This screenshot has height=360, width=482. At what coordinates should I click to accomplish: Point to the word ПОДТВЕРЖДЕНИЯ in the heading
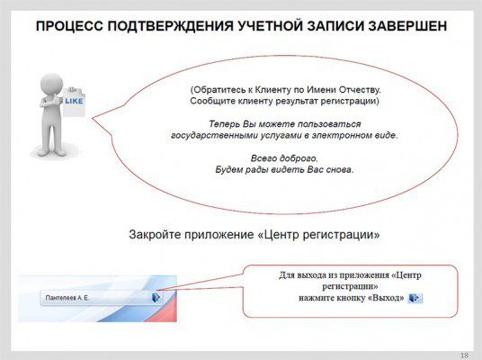pos(173,26)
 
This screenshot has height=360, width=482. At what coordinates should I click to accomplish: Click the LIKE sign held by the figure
pos(73,102)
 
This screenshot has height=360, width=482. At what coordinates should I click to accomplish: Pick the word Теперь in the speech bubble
pos(225,123)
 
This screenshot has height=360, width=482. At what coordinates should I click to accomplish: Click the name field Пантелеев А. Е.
pos(90,296)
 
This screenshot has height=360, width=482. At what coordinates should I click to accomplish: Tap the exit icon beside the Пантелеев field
pos(156,296)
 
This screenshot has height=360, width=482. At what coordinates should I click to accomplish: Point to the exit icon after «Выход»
pos(415,297)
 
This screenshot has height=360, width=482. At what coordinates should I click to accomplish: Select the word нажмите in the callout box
pos(322,297)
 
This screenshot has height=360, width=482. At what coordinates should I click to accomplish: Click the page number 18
pos(464,354)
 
